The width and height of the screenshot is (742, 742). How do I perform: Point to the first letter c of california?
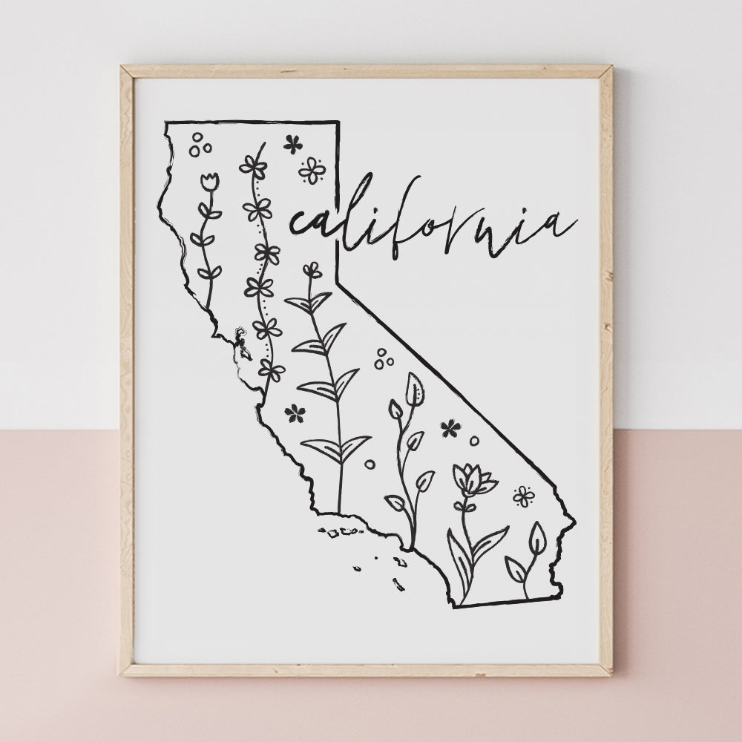pyautogui.click(x=300, y=222)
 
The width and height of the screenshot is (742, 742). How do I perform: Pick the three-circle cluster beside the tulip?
pyautogui.click(x=199, y=145)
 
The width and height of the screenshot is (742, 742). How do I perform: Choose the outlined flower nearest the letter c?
pyautogui.click(x=312, y=170)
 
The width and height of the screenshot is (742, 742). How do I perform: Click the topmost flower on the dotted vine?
pyautogui.click(x=253, y=165)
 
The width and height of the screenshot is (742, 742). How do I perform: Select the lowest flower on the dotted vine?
pyautogui.click(x=272, y=370)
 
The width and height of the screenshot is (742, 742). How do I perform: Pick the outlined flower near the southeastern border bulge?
pyautogui.click(x=524, y=496)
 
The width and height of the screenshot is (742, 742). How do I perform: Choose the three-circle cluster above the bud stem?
pyautogui.click(x=384, y=359)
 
